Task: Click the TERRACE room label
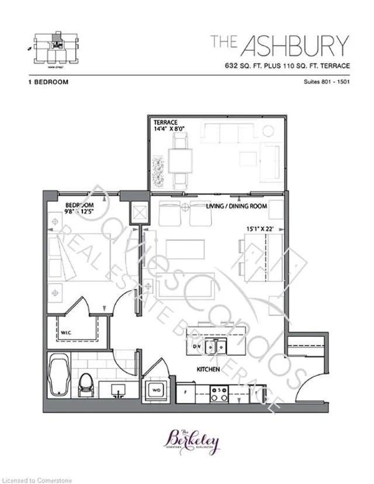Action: [166, 123]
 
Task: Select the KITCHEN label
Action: [208, 370]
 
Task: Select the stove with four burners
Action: [220, 393]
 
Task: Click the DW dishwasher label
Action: [196, 347]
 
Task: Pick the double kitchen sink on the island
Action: [220, 346]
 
